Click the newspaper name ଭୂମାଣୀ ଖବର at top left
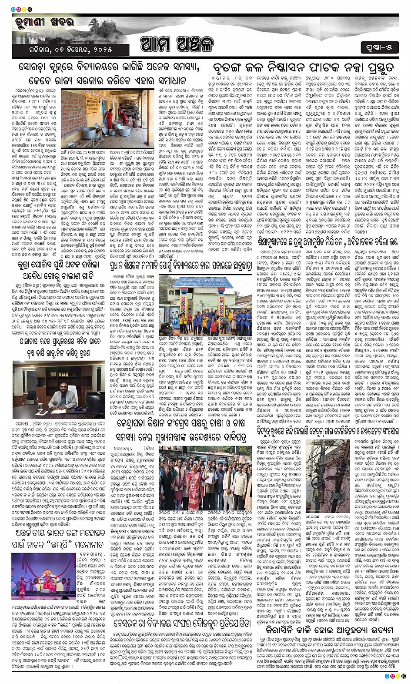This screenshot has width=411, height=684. point(40,23)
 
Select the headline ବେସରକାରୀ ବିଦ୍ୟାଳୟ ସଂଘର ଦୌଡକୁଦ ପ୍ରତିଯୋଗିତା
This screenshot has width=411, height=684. point(181,624)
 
